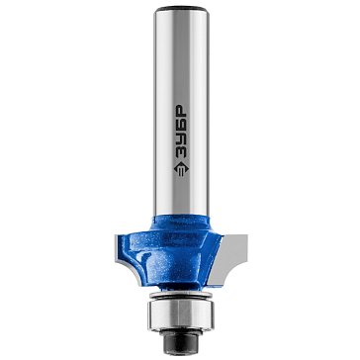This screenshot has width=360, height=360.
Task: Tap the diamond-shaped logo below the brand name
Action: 181,169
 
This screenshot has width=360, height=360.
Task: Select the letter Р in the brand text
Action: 181,111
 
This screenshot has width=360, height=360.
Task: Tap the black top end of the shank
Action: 181,9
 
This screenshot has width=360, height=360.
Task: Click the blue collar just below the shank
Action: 180,224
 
